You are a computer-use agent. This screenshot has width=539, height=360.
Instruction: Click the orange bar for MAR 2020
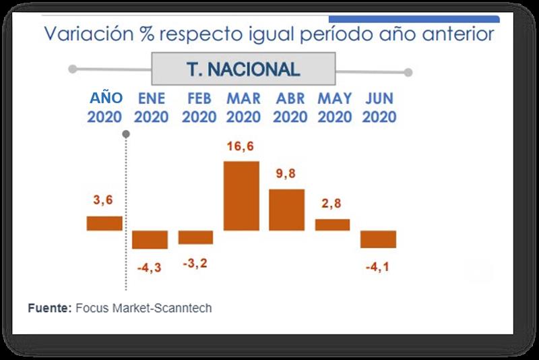click(x=241, y=196)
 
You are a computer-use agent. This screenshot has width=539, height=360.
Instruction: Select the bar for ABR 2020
click(x=287, y=210)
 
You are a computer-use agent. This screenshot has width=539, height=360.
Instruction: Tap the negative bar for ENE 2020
click(x=150, y=239)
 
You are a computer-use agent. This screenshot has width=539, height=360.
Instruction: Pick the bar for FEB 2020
click(x=195, y=237)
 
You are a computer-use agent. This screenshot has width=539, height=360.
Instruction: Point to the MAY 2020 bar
click(x=333, y=224)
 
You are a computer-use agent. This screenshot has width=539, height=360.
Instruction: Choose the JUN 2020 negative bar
click(x=378, y=239)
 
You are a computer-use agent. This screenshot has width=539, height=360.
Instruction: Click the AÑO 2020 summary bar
click(x=104, y=223)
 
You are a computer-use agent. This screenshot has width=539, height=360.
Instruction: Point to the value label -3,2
click(x=195, y=261)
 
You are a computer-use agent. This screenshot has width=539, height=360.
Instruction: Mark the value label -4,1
click(x=379, y=267)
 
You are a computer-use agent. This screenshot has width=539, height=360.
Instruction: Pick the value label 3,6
click(x=104, y=200)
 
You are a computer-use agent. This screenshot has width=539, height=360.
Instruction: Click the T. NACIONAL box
click(x=243, y=69)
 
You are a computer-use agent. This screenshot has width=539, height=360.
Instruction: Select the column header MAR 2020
click(x=243, y=108)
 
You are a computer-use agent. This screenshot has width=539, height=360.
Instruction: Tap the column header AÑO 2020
click(x=105, y=108)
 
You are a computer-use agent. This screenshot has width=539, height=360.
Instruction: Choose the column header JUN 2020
click(x=379, y=108)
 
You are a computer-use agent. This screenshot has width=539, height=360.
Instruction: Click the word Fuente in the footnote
click(x=49, y=308)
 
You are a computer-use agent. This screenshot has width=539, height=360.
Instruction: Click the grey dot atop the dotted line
click(x=126, y=133)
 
